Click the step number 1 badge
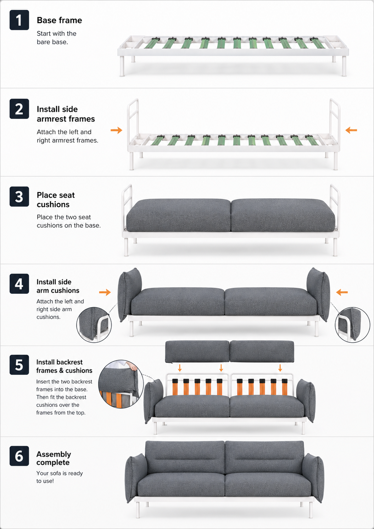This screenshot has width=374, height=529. [19, 20]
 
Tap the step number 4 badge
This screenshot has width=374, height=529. [19, 283]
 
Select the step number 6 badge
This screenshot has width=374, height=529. [19, 456]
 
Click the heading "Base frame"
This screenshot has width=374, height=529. [59, 20]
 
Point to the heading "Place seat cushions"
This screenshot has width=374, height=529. [56, 199]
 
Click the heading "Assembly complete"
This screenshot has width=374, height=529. [54, 458]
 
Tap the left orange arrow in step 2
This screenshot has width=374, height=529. [117, 130]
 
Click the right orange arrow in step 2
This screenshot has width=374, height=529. [351, 130]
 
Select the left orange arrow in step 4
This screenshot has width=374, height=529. [105, 292]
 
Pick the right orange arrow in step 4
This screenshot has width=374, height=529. [342, 292]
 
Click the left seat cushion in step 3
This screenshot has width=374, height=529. [178, 215]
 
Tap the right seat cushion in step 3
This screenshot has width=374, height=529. [283, 215]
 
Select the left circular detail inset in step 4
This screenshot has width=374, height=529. [94, 325]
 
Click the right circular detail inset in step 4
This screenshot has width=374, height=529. [352, 325]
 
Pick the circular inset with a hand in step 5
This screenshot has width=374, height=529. [121, 384]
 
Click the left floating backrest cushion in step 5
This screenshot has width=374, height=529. [197, 351]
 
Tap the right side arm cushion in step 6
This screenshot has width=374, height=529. [313, 478]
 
